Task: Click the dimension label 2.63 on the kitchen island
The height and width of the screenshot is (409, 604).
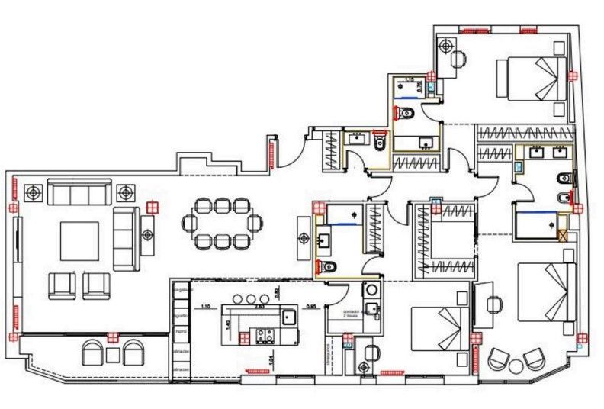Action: (259, 306)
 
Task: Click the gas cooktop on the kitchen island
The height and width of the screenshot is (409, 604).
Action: (265, 334)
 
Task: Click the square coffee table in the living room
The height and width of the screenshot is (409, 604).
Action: (79, 241)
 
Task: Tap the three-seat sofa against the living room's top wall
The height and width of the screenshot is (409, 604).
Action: (79, 192)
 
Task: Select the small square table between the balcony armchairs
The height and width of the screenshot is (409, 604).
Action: (114, 354)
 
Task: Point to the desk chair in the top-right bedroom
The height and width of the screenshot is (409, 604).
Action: (458, 59)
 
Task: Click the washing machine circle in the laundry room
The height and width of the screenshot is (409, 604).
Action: (371, 289)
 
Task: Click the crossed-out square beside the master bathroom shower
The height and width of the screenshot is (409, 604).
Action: (564, 236)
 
